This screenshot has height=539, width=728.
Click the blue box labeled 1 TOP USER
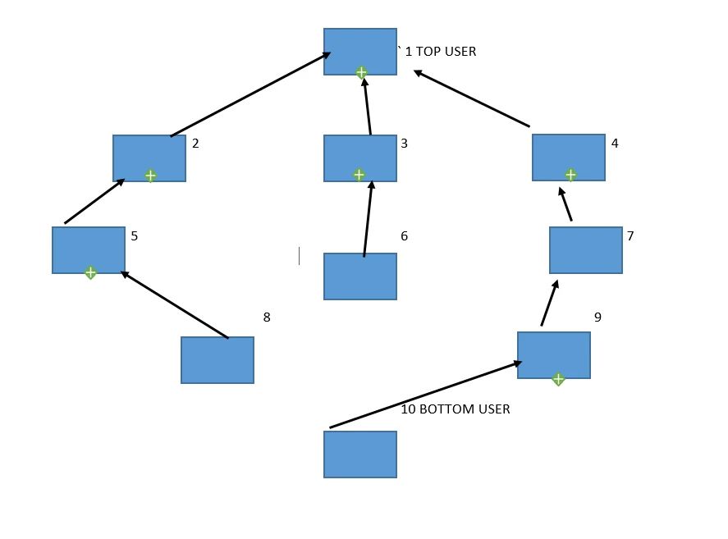(360, 52)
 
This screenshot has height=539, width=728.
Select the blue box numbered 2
(149, 158)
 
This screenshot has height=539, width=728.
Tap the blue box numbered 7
(586, 250)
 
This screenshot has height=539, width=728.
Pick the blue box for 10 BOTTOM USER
(360, 454)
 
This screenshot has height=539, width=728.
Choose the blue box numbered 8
(217, 360)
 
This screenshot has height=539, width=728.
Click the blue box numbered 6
(360, 276)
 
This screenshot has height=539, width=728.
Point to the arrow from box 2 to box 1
(250, 94)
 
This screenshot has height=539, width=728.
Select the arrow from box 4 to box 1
(471, 98)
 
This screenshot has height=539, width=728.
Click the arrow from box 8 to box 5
(174, 304)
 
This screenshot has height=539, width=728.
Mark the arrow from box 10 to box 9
(426, 395)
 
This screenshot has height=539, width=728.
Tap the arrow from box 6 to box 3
(369, 219)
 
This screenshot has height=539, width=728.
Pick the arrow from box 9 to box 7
(550, 303)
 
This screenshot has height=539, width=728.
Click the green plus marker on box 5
(90, 272)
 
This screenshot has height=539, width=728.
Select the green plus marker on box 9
(559, 379)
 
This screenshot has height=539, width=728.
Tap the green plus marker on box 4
(570, 175)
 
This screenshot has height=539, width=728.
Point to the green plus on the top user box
(361, 72)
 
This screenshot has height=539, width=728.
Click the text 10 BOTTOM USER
(456, 409)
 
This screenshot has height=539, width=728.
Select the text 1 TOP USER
(441, 51)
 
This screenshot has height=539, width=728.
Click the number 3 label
(405, 144)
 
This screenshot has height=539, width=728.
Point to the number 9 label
(598, 317)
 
